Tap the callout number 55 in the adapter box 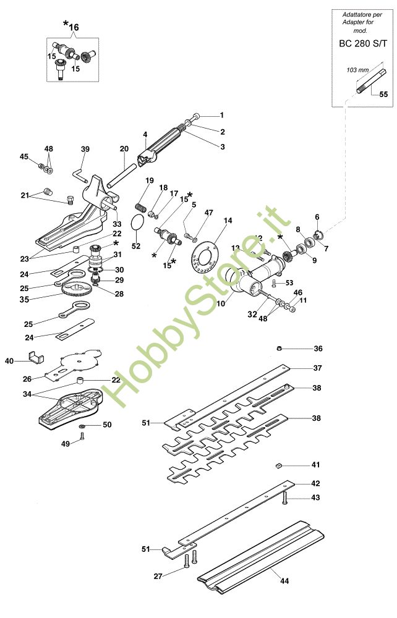[383, 95]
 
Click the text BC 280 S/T [363, 44]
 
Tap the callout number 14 [228, 221]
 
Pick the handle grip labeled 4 [163, 148]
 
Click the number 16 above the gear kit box [74, 27]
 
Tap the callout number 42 [315, 483]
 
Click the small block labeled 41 [280, 465]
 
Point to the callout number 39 [85, 149]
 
